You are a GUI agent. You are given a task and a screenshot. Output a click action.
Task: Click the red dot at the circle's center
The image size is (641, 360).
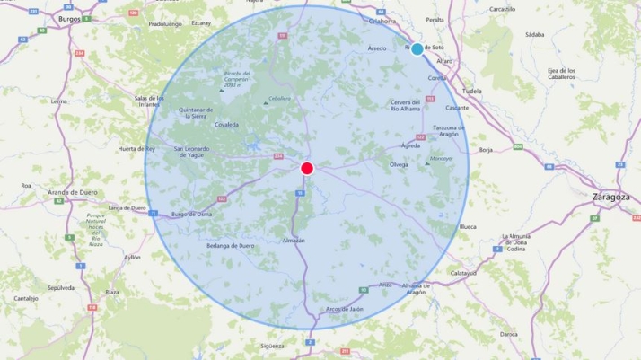pos(307,168)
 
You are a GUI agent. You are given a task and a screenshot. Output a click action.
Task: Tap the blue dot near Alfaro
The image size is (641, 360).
pos(417,49)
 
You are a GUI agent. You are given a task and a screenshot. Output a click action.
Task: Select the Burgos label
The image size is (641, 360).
pos(69,18)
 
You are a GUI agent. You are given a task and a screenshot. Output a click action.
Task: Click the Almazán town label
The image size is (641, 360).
pos(294,241)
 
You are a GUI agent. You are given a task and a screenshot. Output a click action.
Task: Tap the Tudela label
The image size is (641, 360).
pos(471,91)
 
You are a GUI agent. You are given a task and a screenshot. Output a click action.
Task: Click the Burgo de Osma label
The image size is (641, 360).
pos(191,214)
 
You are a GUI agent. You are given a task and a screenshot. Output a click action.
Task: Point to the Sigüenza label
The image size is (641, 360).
pos(273,345)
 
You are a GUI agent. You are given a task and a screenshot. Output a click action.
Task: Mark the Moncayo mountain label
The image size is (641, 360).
pos(441,159)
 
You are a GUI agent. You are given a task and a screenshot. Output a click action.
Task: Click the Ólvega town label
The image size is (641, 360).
pos(399,164)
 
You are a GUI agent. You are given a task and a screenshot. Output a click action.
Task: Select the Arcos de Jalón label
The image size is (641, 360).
pos(345,308)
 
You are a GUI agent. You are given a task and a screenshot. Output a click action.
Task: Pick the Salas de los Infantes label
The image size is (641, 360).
pos(150,101)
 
